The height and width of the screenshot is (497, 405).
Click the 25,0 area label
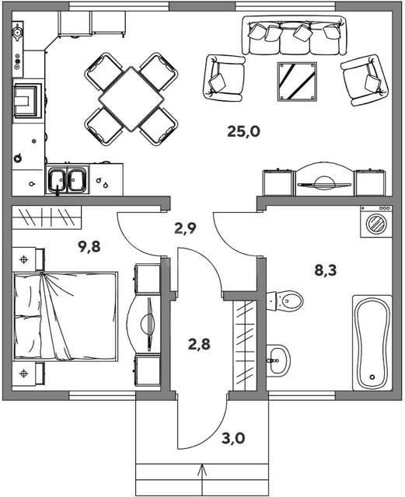(243, 131)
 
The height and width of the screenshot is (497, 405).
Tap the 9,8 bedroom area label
(89, 247)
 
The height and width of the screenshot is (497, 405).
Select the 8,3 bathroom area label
(326, 271)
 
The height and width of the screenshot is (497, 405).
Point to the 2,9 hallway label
(185, 228)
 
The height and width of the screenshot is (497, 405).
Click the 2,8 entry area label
(199, 344)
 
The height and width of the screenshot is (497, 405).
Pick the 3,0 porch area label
(233, 438)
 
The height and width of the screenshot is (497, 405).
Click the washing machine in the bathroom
(376, 221)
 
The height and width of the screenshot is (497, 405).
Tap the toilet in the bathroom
(285, 301)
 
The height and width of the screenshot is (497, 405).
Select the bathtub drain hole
(372, 377)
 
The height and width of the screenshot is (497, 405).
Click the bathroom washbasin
(278, 360)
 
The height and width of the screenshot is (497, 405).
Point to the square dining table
(131, 99)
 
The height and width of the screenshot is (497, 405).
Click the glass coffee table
(297, 82)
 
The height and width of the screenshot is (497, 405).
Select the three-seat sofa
(295, 36)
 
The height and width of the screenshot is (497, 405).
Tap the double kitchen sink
(67, 179)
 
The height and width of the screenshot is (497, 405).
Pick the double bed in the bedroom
(65, 316)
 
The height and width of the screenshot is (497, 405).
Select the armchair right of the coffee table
(365, 80)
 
